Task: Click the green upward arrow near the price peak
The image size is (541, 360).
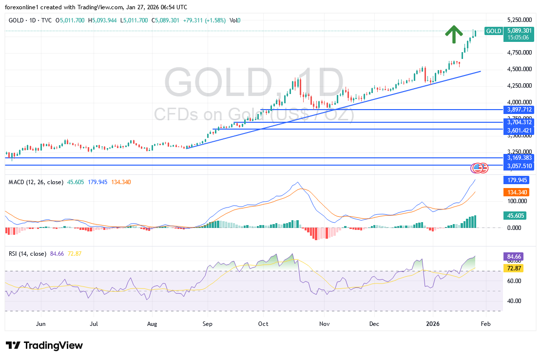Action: coord(454,34)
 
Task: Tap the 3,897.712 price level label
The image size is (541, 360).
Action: coord(519,110)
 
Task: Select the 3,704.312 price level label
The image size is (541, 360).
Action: coord(519,122)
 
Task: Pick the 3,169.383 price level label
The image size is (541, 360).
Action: coord(519,158)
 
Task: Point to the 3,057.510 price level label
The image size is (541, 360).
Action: coord(519,166)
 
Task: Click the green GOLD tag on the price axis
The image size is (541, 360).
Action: coord(494,31)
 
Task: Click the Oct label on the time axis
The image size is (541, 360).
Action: coord(263,323)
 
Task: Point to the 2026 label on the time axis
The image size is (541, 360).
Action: coord(432,323)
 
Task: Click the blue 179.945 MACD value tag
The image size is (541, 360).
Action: coord(516,180)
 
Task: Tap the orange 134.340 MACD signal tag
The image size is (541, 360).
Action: coord(516,193)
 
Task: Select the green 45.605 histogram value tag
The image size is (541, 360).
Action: coord(516,215)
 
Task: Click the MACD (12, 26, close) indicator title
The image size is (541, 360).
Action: coord(36,182)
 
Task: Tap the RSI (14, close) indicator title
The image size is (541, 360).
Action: coord(27,254)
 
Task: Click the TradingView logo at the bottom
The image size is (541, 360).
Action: coord(44,345)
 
